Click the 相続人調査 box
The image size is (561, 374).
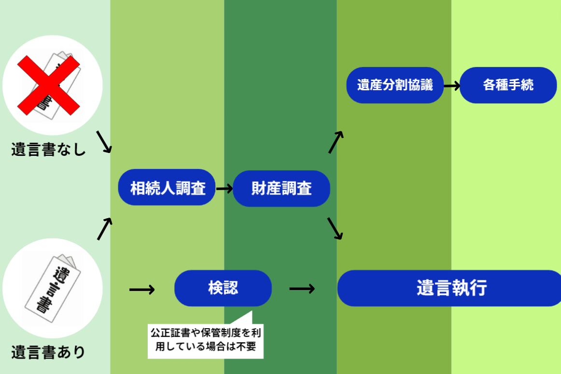tap(167, 188)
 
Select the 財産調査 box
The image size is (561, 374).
tap(281, 188)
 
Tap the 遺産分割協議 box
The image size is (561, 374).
tap(395, 85)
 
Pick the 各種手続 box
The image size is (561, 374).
tap(508, 85)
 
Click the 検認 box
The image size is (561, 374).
tap(223, 288)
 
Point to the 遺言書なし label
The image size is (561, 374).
tap(48, 150)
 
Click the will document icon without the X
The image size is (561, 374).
tap(52, 289)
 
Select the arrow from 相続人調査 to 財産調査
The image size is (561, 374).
tap(224, 188)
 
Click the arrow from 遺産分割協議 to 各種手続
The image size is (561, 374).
tap(451, 86)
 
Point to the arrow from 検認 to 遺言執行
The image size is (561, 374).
tap(302, 289)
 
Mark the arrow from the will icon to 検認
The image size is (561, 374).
tap(142, 289)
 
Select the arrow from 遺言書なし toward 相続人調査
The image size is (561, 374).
tap(104, 141)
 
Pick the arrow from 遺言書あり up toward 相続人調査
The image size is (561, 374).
tap(104, 229)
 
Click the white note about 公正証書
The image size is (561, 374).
tap(206, 340)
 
